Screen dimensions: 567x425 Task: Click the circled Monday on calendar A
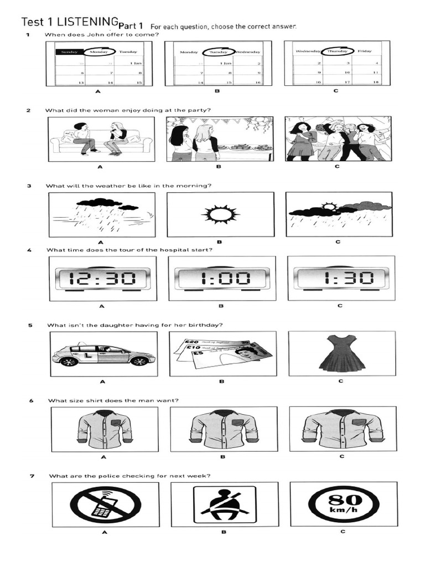[100, 51]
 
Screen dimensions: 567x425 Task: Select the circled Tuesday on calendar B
[219, 52]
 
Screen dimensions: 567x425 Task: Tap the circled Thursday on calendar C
[338, 51]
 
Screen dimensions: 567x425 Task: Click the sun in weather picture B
[220, 213]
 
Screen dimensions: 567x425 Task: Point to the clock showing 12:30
[101, 277]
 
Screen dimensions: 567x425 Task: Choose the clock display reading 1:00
[221, 277]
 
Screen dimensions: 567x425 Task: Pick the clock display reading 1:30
[340, 277]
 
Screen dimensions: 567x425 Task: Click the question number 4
[29, 250]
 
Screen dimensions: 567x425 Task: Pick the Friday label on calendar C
[365, 51]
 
